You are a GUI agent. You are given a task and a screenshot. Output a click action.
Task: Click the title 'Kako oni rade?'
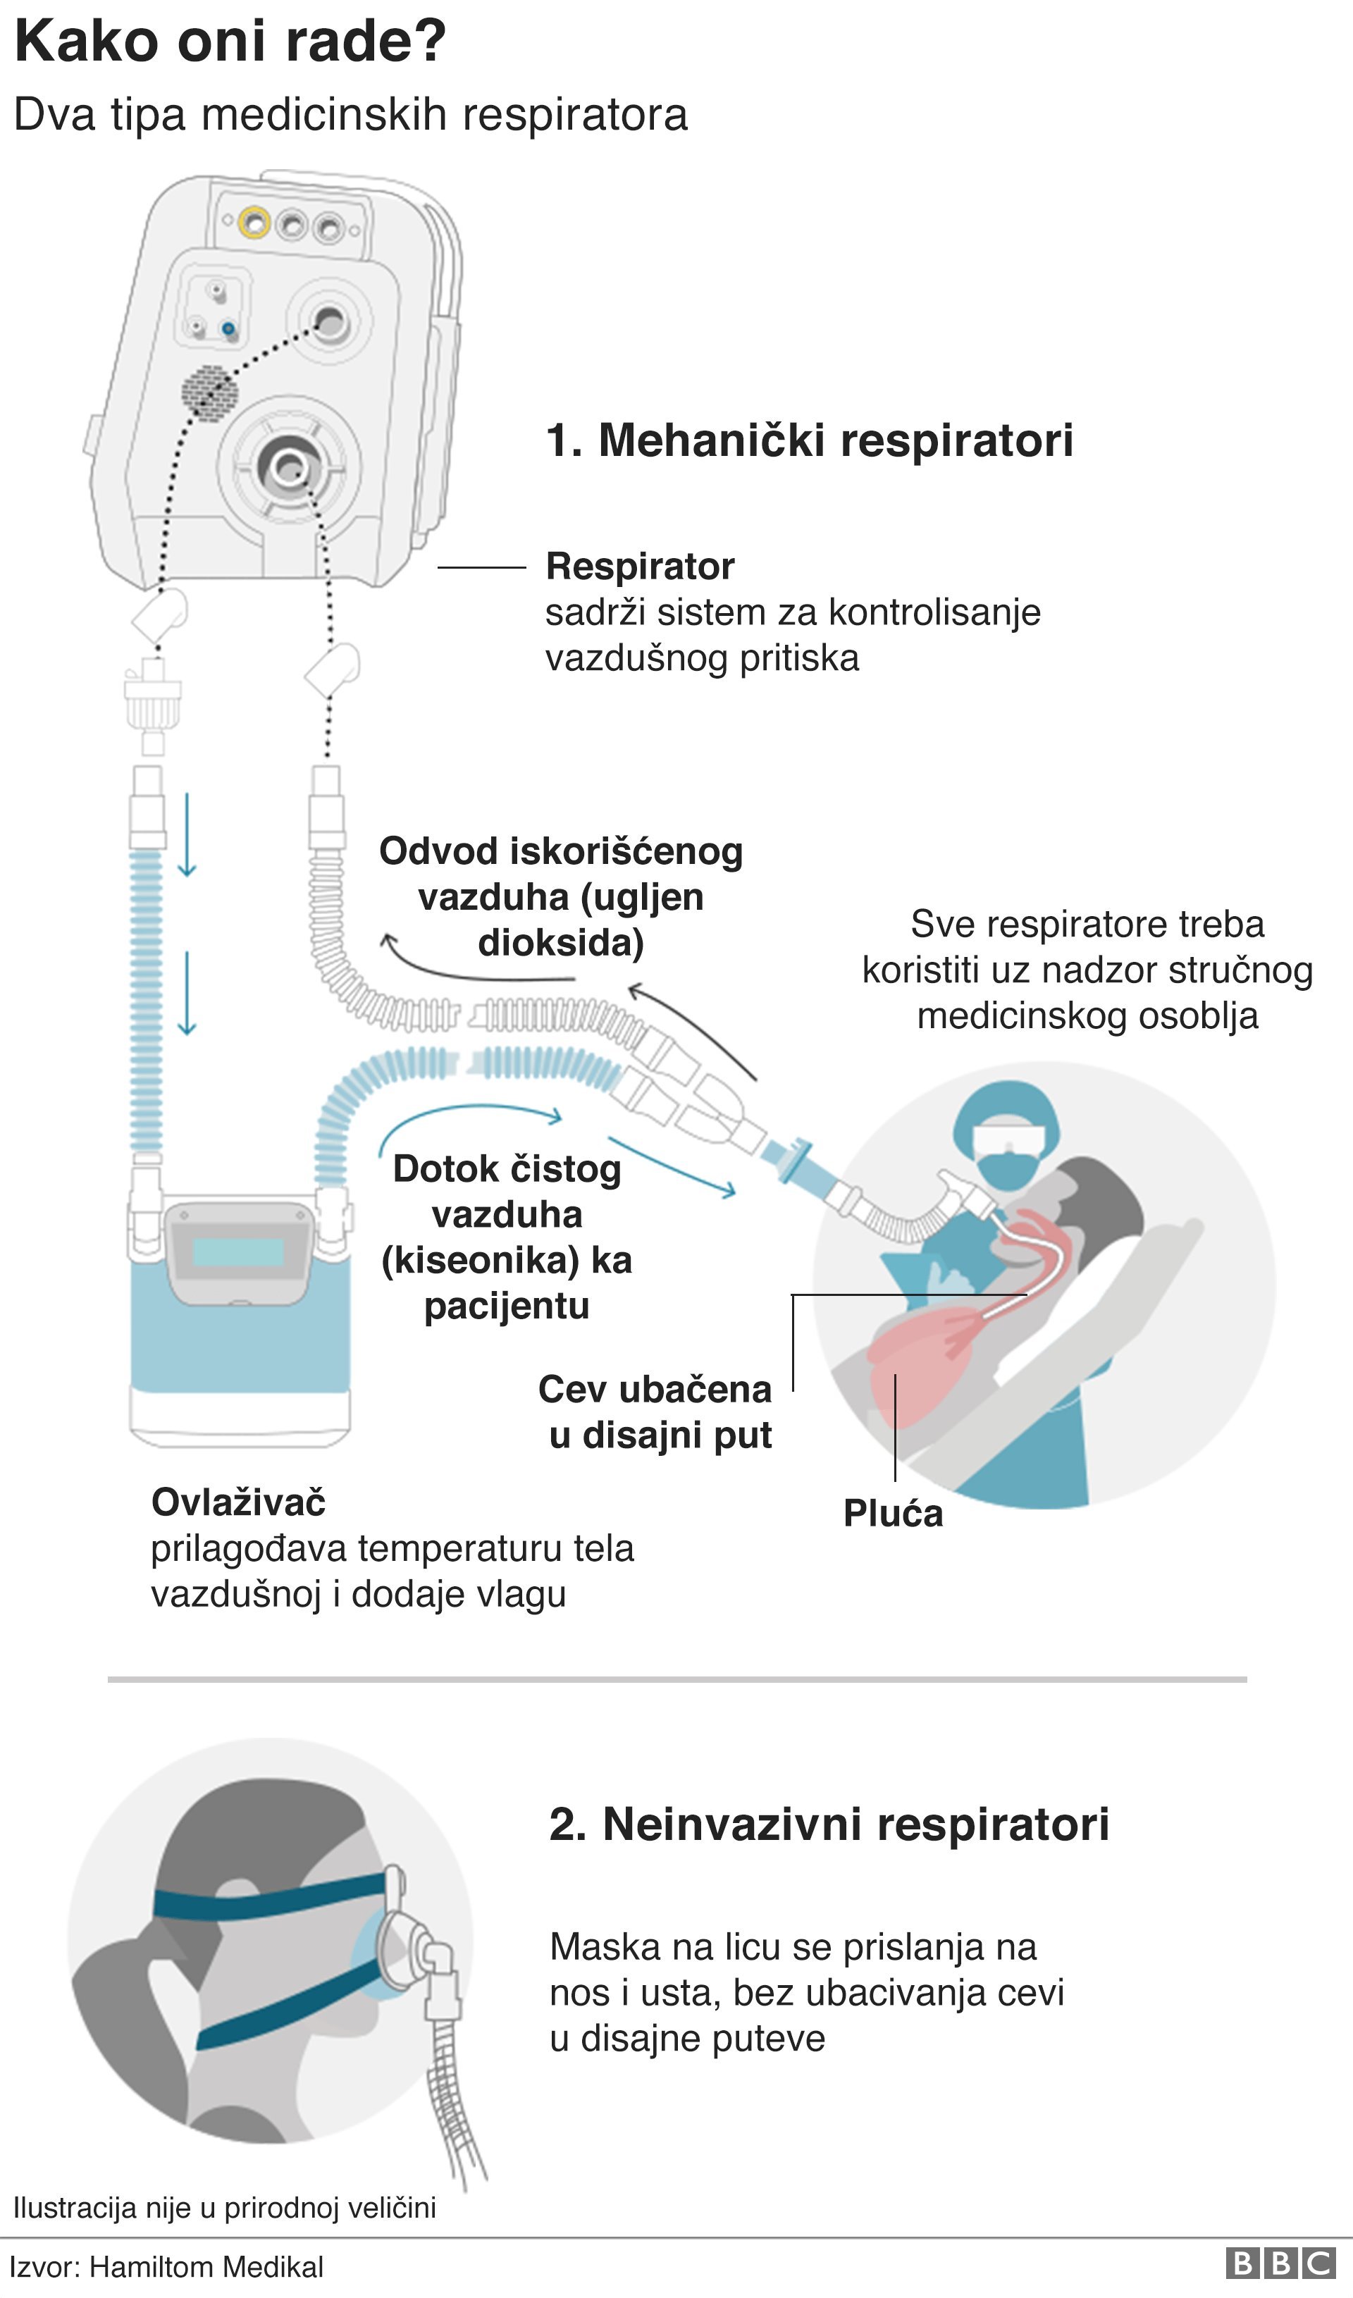(230, 42)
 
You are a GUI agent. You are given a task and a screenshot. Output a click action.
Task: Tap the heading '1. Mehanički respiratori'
(809, 440)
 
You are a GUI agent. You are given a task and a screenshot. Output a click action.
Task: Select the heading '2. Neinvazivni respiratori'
(829, 1824)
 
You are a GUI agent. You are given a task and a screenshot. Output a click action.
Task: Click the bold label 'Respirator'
(640, 567)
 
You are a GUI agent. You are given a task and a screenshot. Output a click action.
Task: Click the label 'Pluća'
(893, 1514)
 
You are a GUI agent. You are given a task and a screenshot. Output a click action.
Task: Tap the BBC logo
(1280, 2264)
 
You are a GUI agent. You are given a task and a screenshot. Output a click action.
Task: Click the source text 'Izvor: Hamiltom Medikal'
(167, 2267)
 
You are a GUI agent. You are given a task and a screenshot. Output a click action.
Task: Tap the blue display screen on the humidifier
(239, 1252)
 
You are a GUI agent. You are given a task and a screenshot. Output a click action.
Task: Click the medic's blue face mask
(1008, 1170)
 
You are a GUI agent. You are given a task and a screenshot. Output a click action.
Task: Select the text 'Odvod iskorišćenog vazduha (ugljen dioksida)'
(561, 897)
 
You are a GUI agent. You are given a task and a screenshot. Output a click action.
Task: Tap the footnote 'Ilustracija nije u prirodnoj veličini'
(224, 2208)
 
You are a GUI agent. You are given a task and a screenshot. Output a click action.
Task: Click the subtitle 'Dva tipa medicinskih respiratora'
(350, 116)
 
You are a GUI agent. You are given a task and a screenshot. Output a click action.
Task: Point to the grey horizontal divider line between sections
(676, 1679)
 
